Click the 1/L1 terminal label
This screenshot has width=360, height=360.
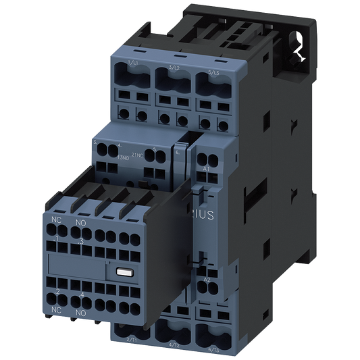point(133,64)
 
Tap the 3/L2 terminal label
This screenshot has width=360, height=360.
point(173,68)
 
